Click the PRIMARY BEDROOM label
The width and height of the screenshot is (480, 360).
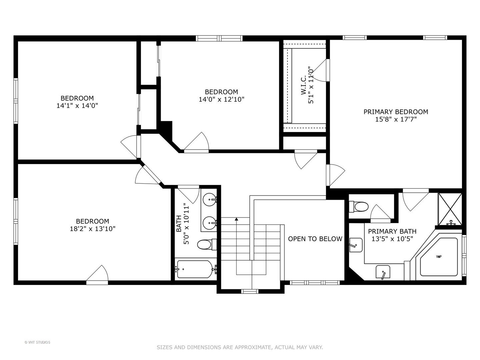click(396, 112)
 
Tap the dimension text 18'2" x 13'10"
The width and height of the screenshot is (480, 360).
click(93, 229)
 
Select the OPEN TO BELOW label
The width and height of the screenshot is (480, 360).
click(315, 239)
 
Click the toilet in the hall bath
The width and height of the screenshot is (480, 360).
click(206, 244)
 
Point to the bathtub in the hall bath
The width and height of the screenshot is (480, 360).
click(195, 269)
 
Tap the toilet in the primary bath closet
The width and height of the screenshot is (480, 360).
click(359, 206)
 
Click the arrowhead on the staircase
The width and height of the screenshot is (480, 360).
click(236, 219)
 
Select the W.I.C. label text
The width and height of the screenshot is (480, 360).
click(303, 85)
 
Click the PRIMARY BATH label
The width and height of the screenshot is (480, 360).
click(392, 231)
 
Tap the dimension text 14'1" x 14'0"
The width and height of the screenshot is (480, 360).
click(77, 106)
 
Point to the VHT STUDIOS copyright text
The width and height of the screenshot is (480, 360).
click(37, 342)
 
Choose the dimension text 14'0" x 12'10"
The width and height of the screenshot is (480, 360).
click(221, 99)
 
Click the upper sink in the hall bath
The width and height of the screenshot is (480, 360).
click(209, 199)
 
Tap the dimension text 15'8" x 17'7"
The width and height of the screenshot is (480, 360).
click(396, 119)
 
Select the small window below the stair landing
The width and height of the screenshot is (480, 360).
click(250, 291)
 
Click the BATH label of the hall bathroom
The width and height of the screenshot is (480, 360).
click(179, 223)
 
